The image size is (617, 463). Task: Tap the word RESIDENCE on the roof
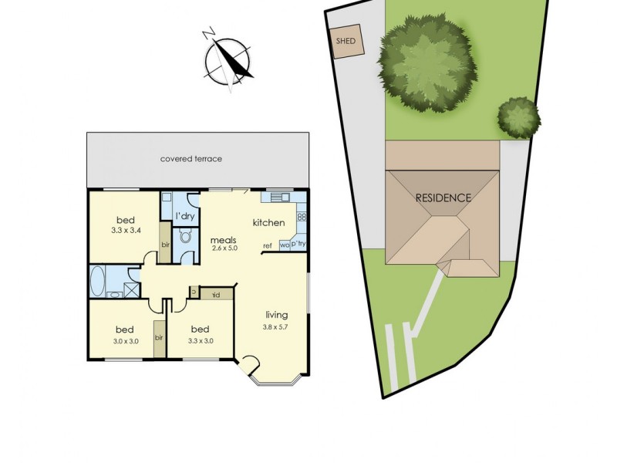click(443, 198)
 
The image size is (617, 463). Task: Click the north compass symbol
click(229, 57)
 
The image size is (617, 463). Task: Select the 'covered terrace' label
click(190, 159)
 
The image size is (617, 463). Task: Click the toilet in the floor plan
click(185, 236)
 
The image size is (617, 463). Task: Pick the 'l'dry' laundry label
click(185, 216)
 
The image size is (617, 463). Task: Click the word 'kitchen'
click(269, 223)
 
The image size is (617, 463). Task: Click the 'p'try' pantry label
click(298, 245)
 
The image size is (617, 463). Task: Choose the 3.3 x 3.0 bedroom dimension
click(201, 340)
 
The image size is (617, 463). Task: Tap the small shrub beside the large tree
click(518, 117)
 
